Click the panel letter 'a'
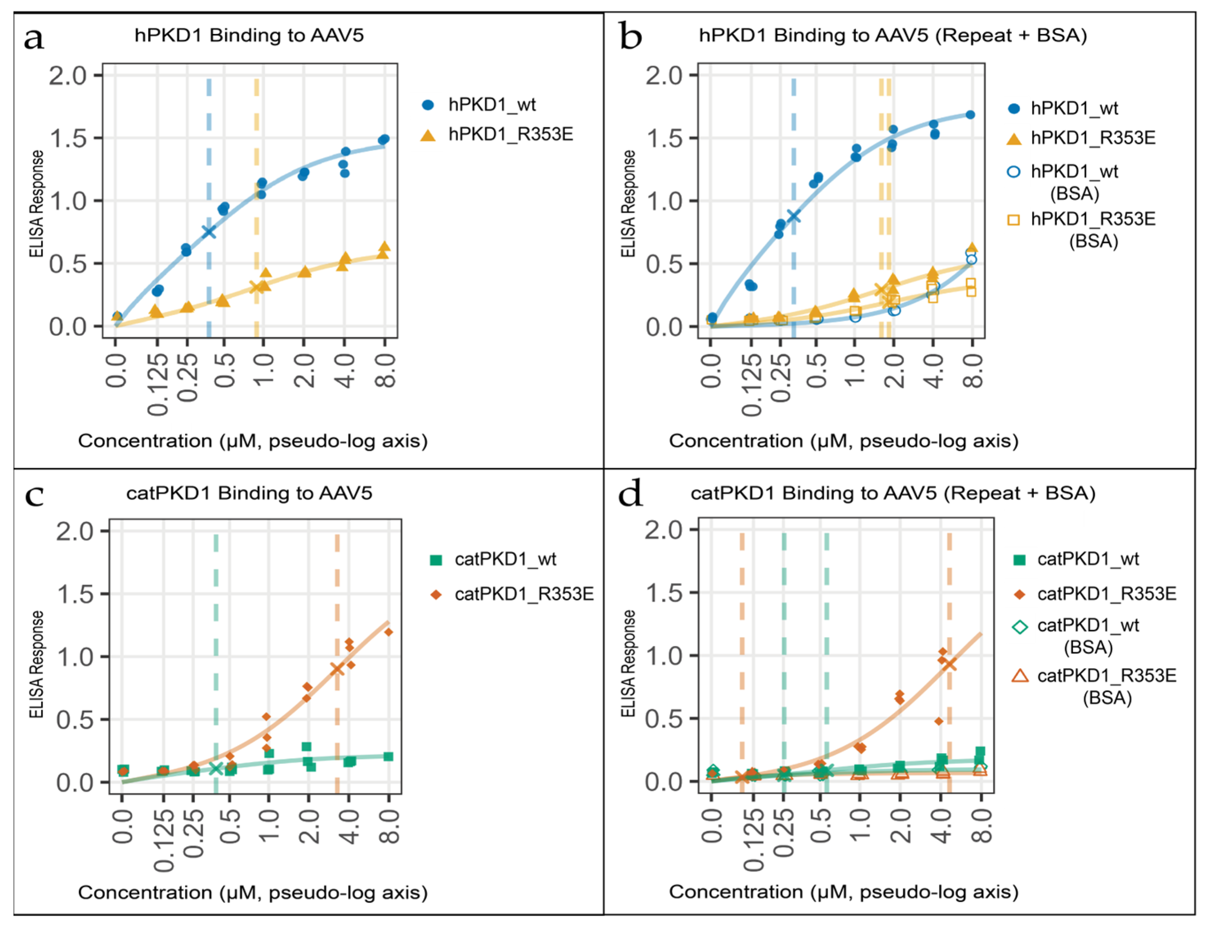(x=34, y=39)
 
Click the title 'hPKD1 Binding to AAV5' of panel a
(x=249, y=36)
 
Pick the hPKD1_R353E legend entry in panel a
(x=497, y=134)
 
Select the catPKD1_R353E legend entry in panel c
(x=512, y=594)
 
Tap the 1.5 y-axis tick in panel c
(x=75, y=594)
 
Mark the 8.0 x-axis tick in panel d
(x=982, y=826)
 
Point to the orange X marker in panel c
(x=337, y=669)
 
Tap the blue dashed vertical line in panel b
(x=794, y=208)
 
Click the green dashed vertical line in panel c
(x=216, y=656)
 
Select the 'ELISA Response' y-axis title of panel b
(x=628, y=203)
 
